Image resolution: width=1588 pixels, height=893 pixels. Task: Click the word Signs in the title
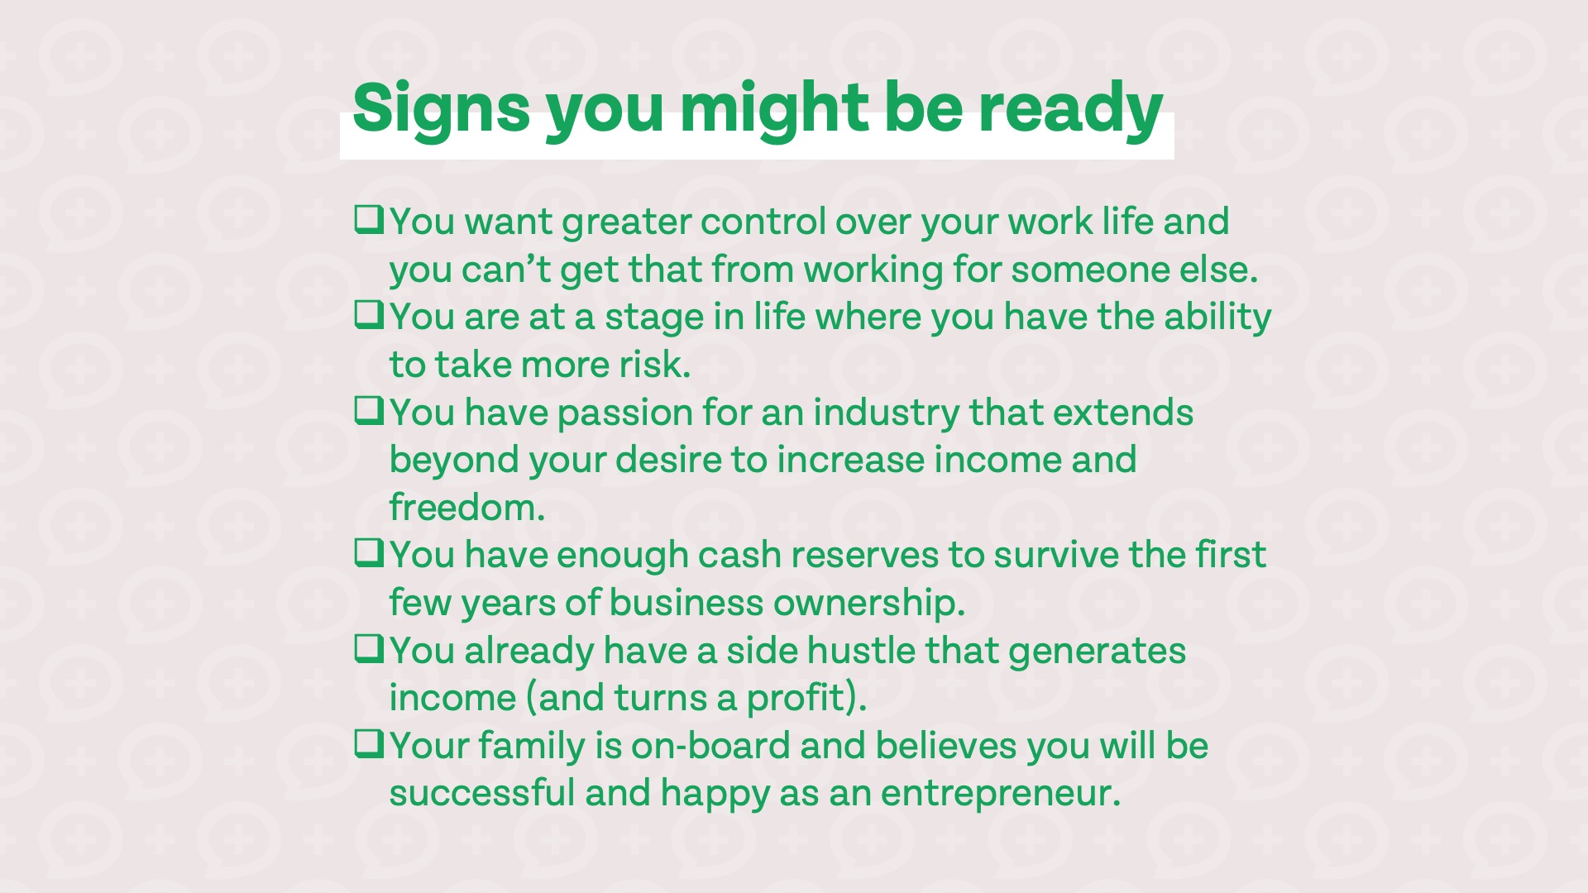[x=441, y=108]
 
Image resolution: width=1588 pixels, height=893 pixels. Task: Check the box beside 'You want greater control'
[x=369, y=220]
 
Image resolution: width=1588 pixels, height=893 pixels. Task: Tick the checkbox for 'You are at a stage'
[x=369, y=315]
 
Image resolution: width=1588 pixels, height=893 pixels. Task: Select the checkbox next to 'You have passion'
[x=369, y=411]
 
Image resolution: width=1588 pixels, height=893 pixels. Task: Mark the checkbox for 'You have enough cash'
[x=369, y=553]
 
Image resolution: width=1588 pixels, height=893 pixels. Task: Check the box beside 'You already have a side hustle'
[x=369, y=649]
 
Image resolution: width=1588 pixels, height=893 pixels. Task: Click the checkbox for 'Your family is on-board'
[x=369, y=744]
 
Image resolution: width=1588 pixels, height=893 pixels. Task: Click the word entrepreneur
[x=1001, y=794]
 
